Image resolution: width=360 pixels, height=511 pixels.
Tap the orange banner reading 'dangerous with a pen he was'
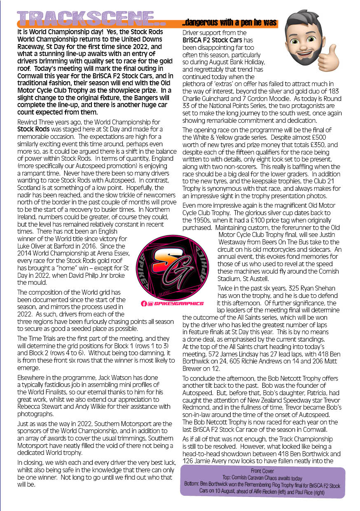pos(230,23)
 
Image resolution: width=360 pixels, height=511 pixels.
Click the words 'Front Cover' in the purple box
pos(262,471)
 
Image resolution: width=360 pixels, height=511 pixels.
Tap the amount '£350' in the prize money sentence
pos(320,145)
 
